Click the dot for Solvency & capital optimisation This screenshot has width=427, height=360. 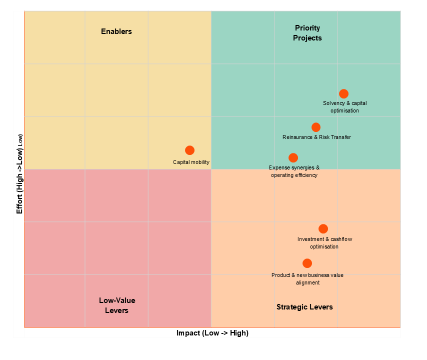tap(343, 94)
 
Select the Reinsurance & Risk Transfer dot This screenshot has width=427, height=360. tap(316, 127)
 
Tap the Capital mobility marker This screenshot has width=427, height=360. tap(189, 150)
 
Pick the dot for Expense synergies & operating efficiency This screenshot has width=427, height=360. tap(293, 158)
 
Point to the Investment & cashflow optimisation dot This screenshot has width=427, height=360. tap(323, 228)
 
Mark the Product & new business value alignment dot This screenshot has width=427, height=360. tap(307, 263)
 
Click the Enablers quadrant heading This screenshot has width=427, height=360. tap(116, 31)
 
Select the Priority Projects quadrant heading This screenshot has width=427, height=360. tap(307, 33)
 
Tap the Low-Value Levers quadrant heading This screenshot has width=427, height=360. tap(117, 305)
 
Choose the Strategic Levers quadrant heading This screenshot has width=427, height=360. tap(304, 307)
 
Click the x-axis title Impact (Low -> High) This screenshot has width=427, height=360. tap(212, 333)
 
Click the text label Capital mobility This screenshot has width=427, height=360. tap(191, 162)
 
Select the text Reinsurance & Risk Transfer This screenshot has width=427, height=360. tap(316, 137)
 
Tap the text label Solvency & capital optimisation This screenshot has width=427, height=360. tap(344, 107)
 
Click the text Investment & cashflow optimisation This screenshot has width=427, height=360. tap(324, 243)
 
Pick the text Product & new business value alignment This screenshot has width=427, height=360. tap(307, 279)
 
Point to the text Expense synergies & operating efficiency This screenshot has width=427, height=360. tap(294, 171)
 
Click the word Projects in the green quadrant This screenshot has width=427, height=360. tap(307, 38)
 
